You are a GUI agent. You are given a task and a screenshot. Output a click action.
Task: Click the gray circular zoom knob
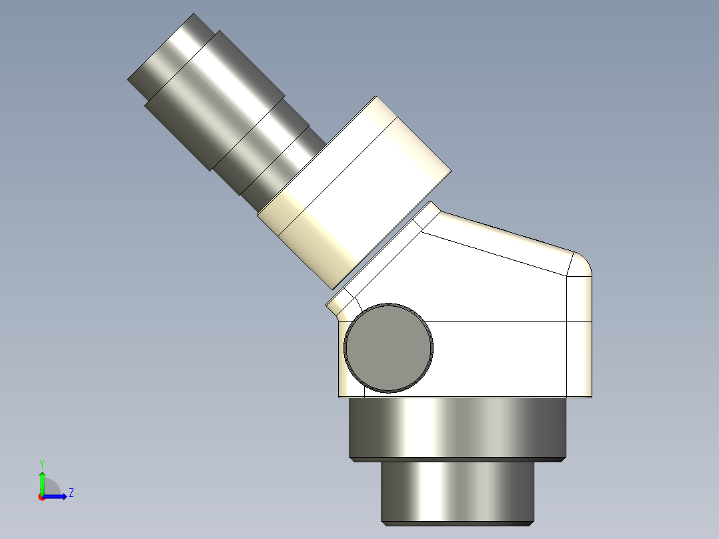(x=389, y=348)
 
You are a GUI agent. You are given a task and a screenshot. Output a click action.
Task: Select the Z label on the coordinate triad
(x=71, y=493)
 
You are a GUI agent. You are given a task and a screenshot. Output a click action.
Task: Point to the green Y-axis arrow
(x=42, y=482)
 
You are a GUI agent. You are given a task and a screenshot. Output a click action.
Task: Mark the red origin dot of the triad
(x=41, y=497)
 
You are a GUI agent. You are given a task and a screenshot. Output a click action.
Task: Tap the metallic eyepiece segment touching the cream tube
(x=280, y=170)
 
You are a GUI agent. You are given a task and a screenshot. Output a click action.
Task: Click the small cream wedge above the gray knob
(x=340, y=304)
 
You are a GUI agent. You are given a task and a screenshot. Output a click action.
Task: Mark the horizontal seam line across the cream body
(x=507, y=321)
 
